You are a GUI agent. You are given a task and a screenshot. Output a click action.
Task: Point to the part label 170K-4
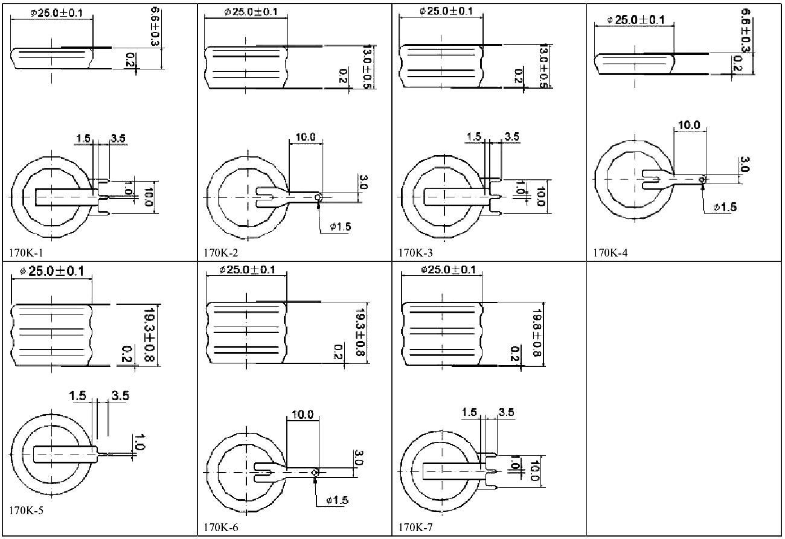(x=610, y=253)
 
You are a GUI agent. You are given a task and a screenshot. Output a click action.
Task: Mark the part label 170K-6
(x=221, y=528)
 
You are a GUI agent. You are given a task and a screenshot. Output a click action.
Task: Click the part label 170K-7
(x=415, y=528)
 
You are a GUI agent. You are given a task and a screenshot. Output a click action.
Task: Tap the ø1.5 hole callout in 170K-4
(x=725, y=207)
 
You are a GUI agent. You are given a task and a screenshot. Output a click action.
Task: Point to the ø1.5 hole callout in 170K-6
(x=336, y=500)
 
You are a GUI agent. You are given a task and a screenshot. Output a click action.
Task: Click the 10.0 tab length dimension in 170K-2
(x=305, y=137)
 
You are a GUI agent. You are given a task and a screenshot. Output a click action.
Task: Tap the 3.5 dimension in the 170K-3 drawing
(x=511, y=136)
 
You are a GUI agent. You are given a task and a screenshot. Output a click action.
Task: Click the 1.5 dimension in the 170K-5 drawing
(x=77, y=396)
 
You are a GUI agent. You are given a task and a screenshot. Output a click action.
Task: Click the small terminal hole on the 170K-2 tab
(x=318, y=198)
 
